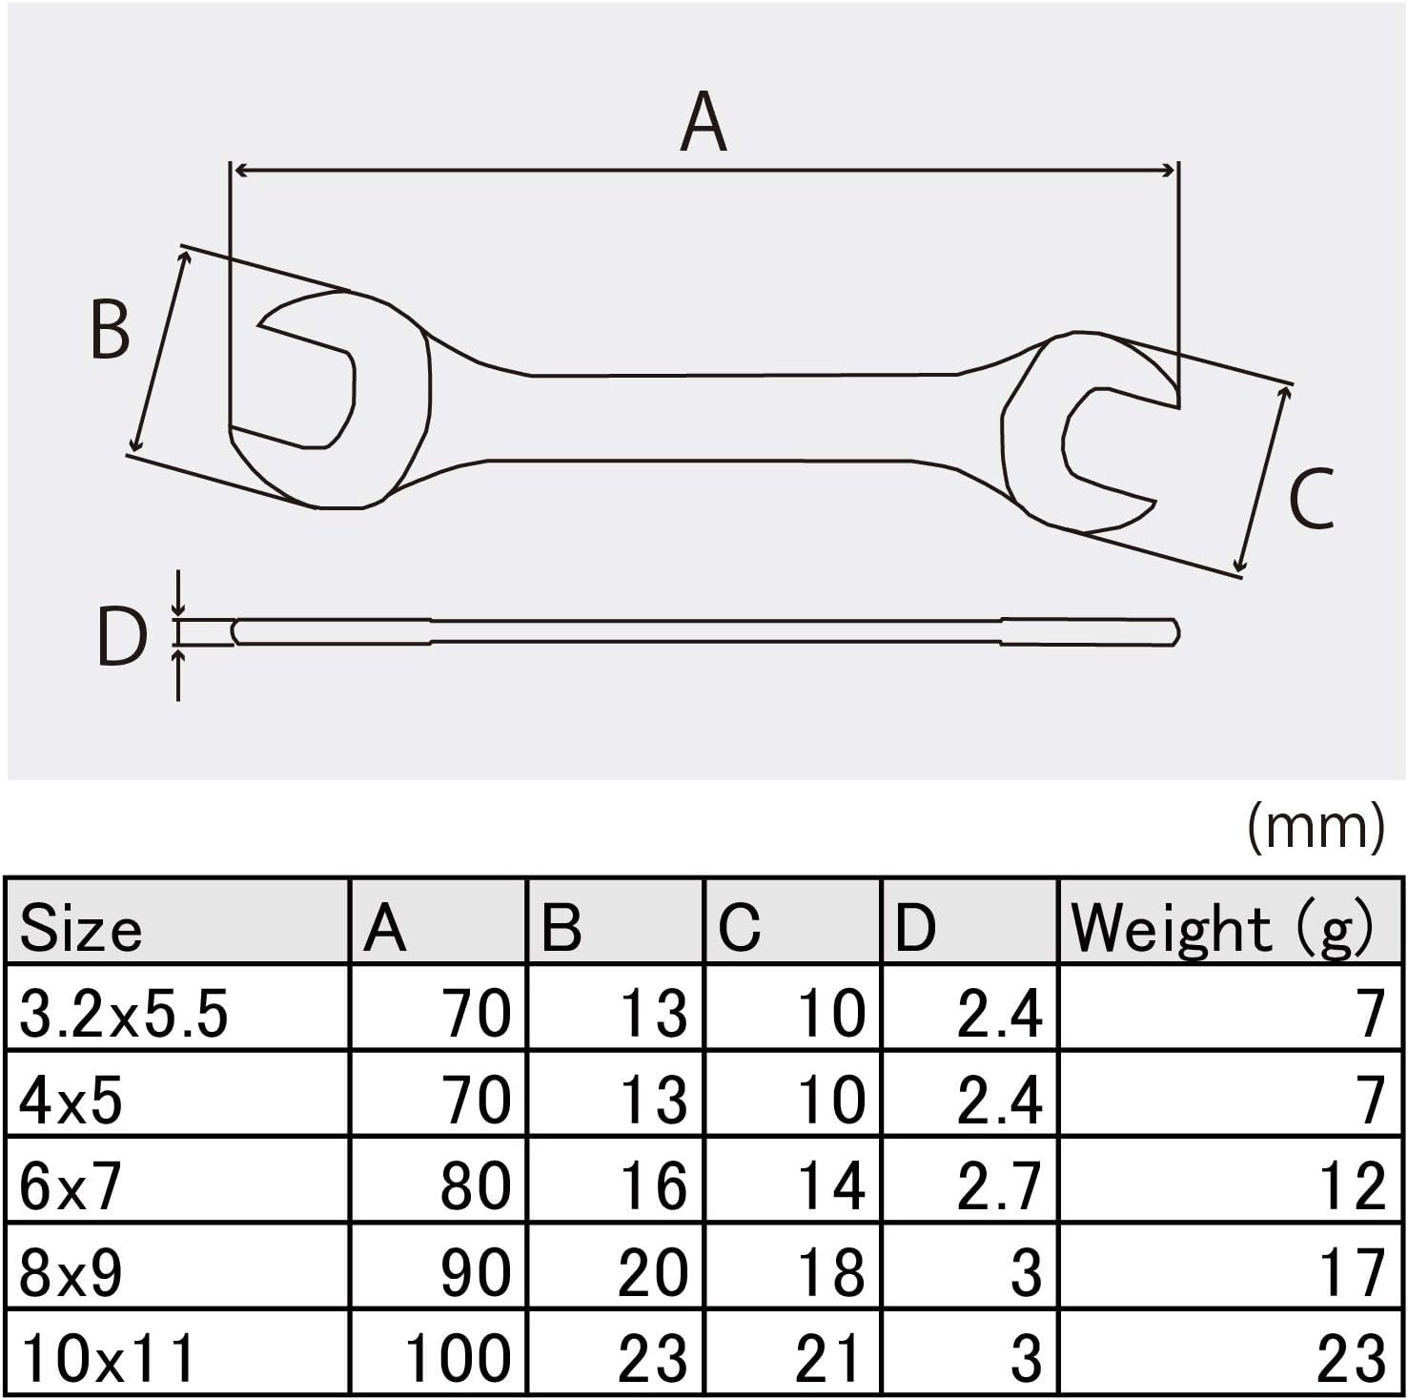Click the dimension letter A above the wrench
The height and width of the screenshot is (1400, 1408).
704,122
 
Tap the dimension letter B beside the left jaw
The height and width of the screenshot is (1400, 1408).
110,330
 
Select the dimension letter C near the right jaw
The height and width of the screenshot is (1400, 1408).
1311,500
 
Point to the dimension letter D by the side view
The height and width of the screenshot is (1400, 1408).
122,636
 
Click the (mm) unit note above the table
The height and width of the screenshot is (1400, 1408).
1316,827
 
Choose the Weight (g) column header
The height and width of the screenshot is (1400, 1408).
1222,927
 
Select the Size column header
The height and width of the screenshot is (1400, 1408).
81,928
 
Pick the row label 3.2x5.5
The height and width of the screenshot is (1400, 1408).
123,1013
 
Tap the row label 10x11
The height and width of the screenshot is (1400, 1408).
107,1357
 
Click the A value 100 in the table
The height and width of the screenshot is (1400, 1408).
459,1357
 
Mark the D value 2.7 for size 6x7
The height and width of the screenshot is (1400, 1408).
999,1185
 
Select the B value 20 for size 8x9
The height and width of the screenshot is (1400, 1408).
653,1271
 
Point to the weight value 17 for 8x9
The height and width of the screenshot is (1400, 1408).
1351,1271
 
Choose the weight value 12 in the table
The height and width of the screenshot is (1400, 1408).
1351,1185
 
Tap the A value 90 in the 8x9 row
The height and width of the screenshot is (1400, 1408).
476,1271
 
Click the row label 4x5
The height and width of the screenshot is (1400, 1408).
71,1100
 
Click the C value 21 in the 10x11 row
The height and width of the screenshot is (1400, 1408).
829,1357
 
